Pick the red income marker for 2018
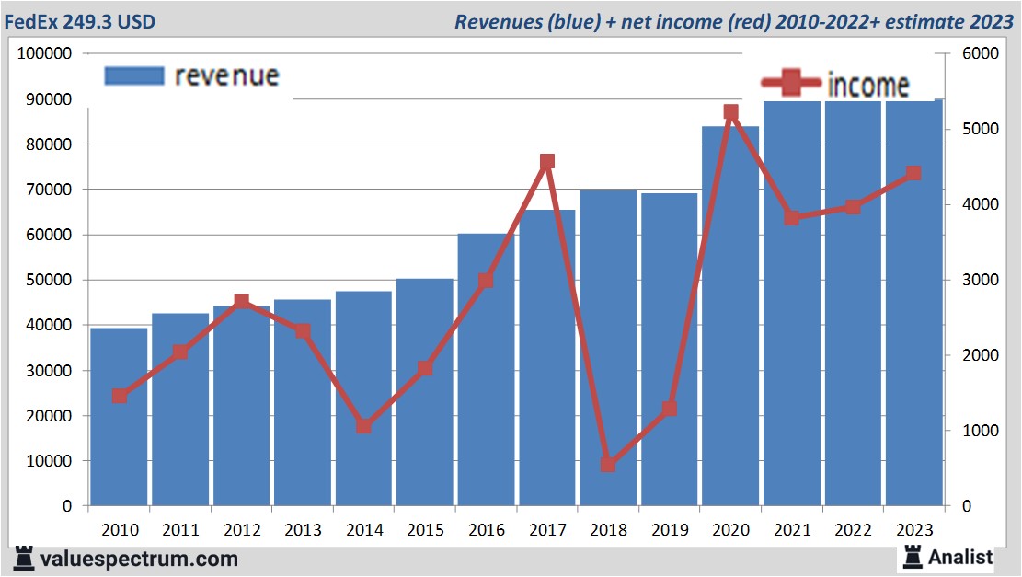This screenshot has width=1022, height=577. tap(608, 465)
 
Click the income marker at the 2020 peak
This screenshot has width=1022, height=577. tap(730, 112)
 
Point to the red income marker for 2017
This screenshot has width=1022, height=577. tap(547, 162)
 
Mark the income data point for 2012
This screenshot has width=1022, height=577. tap(241, 301)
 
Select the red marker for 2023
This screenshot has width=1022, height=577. tap(913, 173)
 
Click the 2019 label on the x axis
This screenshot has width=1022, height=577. tap(670, 530)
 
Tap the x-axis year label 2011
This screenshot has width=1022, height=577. tap(180, 530)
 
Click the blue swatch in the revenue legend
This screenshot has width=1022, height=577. tap(134, 75)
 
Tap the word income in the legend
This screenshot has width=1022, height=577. tap(868, 86)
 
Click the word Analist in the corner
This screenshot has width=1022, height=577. tap(960, 557)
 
